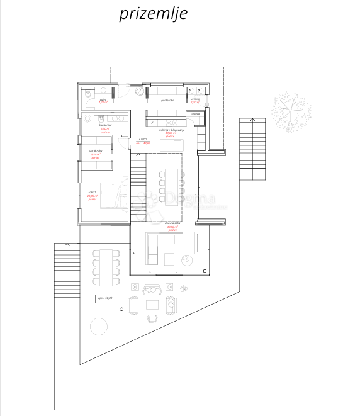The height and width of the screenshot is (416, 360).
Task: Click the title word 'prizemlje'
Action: (153, 14)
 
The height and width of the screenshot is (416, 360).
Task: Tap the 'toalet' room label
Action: (103, 99)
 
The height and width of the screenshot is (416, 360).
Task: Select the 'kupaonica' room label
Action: (105, 125)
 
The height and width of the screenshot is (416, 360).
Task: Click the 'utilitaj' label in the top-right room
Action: (195, 99)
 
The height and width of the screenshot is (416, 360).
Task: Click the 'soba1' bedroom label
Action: (92, 193)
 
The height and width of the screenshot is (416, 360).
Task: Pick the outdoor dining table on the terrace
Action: (106, 265)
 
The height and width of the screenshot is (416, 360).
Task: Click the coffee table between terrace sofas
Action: (152, 305)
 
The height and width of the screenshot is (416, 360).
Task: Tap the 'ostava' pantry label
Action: (196, 113)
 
